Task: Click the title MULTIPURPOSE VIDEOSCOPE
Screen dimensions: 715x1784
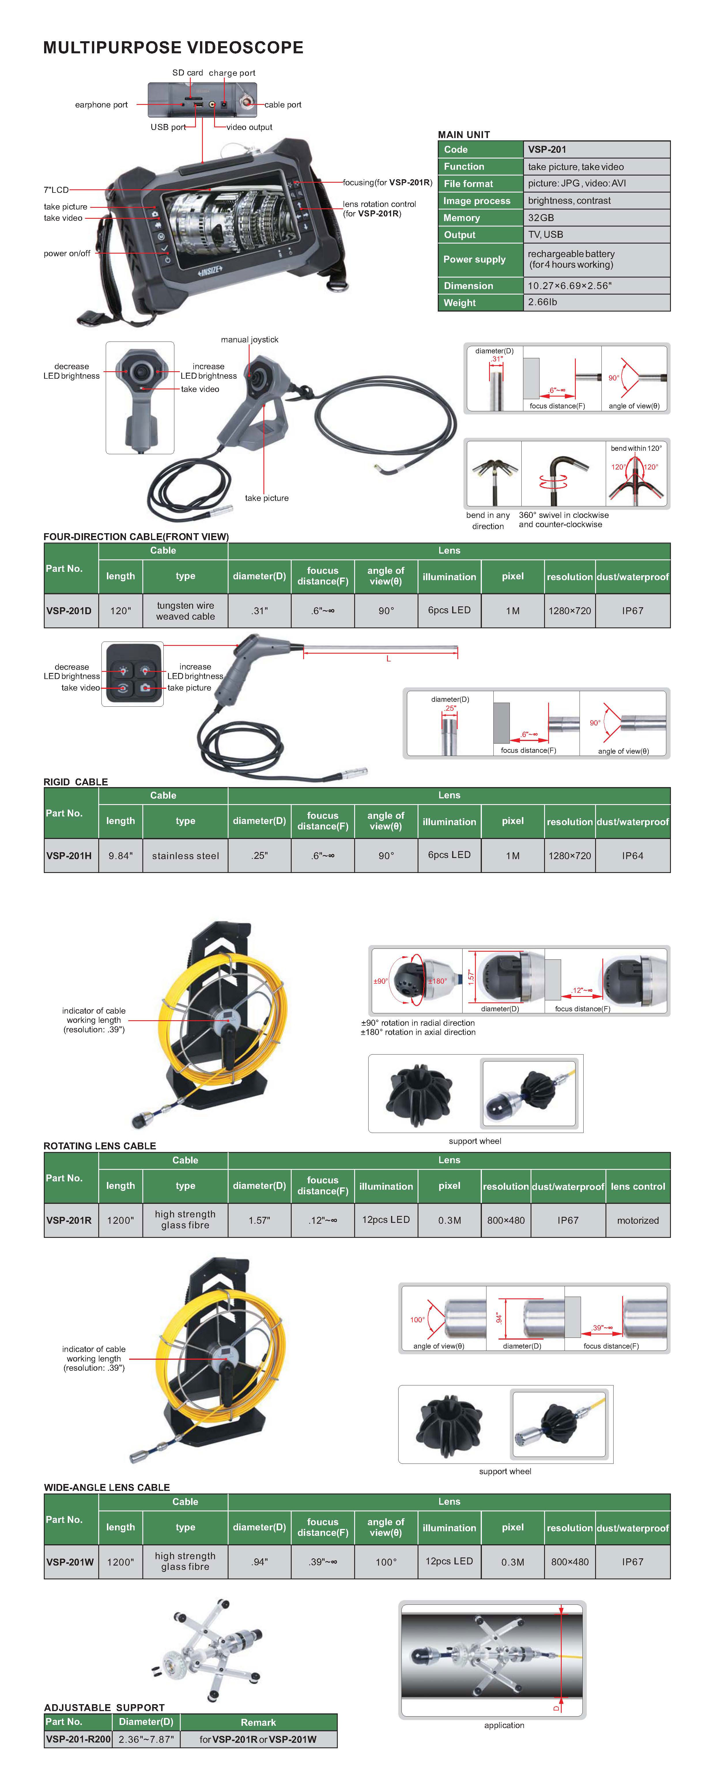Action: [x=173, y=48]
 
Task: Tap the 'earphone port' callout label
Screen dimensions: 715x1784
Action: [x=101, y=105]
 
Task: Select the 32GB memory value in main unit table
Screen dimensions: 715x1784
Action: [x=541, y=218]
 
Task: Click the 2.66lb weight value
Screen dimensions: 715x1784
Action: [x=542, y=302]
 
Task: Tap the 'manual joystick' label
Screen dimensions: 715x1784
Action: [x=249, y=339]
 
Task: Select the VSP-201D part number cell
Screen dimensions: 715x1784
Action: [x=69, y=611]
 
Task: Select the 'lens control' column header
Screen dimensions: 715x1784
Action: [x=638, y=1186]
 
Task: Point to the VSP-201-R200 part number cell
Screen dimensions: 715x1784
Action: [x=78, y=1739]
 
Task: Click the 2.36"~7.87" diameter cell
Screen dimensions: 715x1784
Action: [x=146, y=1739]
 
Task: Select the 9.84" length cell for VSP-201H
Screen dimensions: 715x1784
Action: [x=120, y=856]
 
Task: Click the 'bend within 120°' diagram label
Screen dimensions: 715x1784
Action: [x=636, y=448]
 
